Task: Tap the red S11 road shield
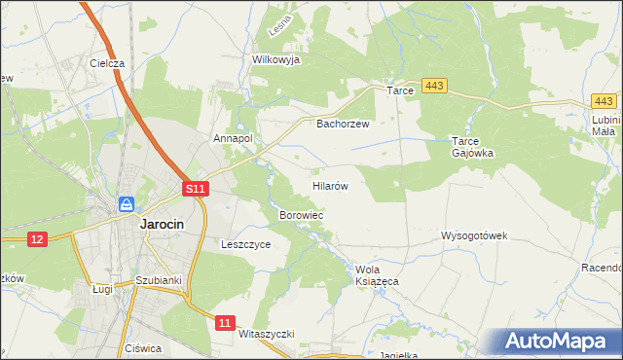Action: pos(196,189)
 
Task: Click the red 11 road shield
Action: pos(226,322)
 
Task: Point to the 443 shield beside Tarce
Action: pos(434,88)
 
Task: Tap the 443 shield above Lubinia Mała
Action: pos(605,101)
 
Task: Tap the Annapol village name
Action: pos(233,138)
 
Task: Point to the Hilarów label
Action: pos(330,184)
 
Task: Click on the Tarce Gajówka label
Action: pos(473,146)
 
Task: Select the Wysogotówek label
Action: pos(475,236)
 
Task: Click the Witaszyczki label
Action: pos(266,333)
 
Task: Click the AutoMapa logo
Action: pos(558,342)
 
